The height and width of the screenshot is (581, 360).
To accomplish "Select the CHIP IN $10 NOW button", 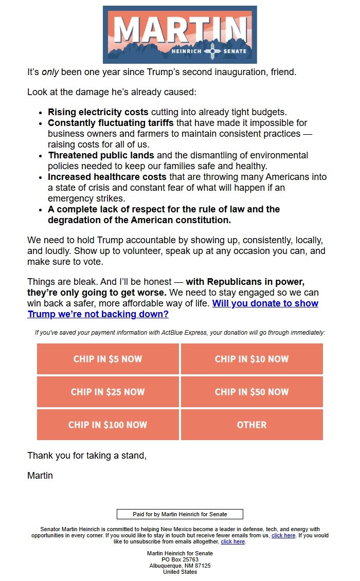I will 252,359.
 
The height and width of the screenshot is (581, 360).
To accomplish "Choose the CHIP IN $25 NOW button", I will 108,392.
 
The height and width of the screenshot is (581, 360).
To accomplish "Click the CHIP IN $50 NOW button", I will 252,392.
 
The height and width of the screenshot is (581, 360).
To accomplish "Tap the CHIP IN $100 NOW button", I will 108,425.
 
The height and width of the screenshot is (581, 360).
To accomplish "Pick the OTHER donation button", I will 252,425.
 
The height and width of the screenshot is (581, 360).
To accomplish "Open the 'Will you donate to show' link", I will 265,303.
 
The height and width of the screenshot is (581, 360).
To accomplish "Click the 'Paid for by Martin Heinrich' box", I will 180,514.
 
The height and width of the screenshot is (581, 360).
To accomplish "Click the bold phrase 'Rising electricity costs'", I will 98,112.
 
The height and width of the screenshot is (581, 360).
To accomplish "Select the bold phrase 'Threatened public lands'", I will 101,155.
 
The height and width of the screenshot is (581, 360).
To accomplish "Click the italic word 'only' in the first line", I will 50,72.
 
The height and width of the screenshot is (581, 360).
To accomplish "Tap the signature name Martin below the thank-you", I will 40,476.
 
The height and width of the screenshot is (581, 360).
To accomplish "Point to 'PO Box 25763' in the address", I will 180,559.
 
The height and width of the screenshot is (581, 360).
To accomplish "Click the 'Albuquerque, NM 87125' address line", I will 180,566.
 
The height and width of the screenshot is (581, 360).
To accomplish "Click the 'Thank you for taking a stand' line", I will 86,456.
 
